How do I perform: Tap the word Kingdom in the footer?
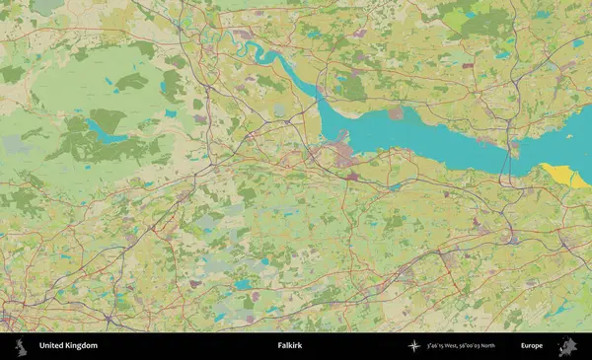point(82,346)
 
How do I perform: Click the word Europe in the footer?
point(532,346)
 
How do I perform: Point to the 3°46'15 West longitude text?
point(446,346)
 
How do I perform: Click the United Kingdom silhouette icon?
point(21,346)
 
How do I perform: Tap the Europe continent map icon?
point(567,346)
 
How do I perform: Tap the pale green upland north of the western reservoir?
point(79,84)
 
